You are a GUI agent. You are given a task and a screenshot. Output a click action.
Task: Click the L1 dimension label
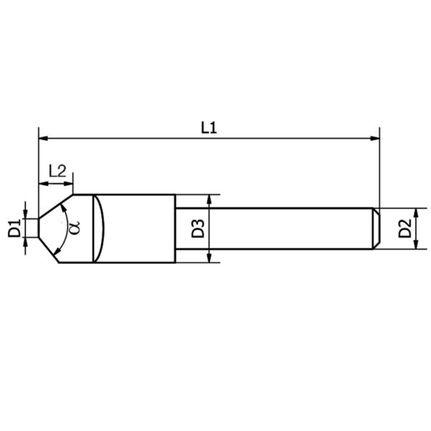209,128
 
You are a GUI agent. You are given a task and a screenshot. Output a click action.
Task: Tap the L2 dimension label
57,171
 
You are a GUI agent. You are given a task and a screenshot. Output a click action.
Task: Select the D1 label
14,228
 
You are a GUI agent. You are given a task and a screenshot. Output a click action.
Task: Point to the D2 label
405,228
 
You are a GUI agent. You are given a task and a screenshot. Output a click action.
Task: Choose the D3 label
198,228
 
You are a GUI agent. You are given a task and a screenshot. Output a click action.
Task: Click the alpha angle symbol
74,228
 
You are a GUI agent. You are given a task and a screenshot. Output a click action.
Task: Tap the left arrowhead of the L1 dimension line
43,138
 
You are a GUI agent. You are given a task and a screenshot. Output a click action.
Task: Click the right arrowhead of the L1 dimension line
375,138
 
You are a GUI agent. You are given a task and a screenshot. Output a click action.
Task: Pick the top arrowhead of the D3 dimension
209,199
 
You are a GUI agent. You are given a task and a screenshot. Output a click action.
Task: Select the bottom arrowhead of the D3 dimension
209,258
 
